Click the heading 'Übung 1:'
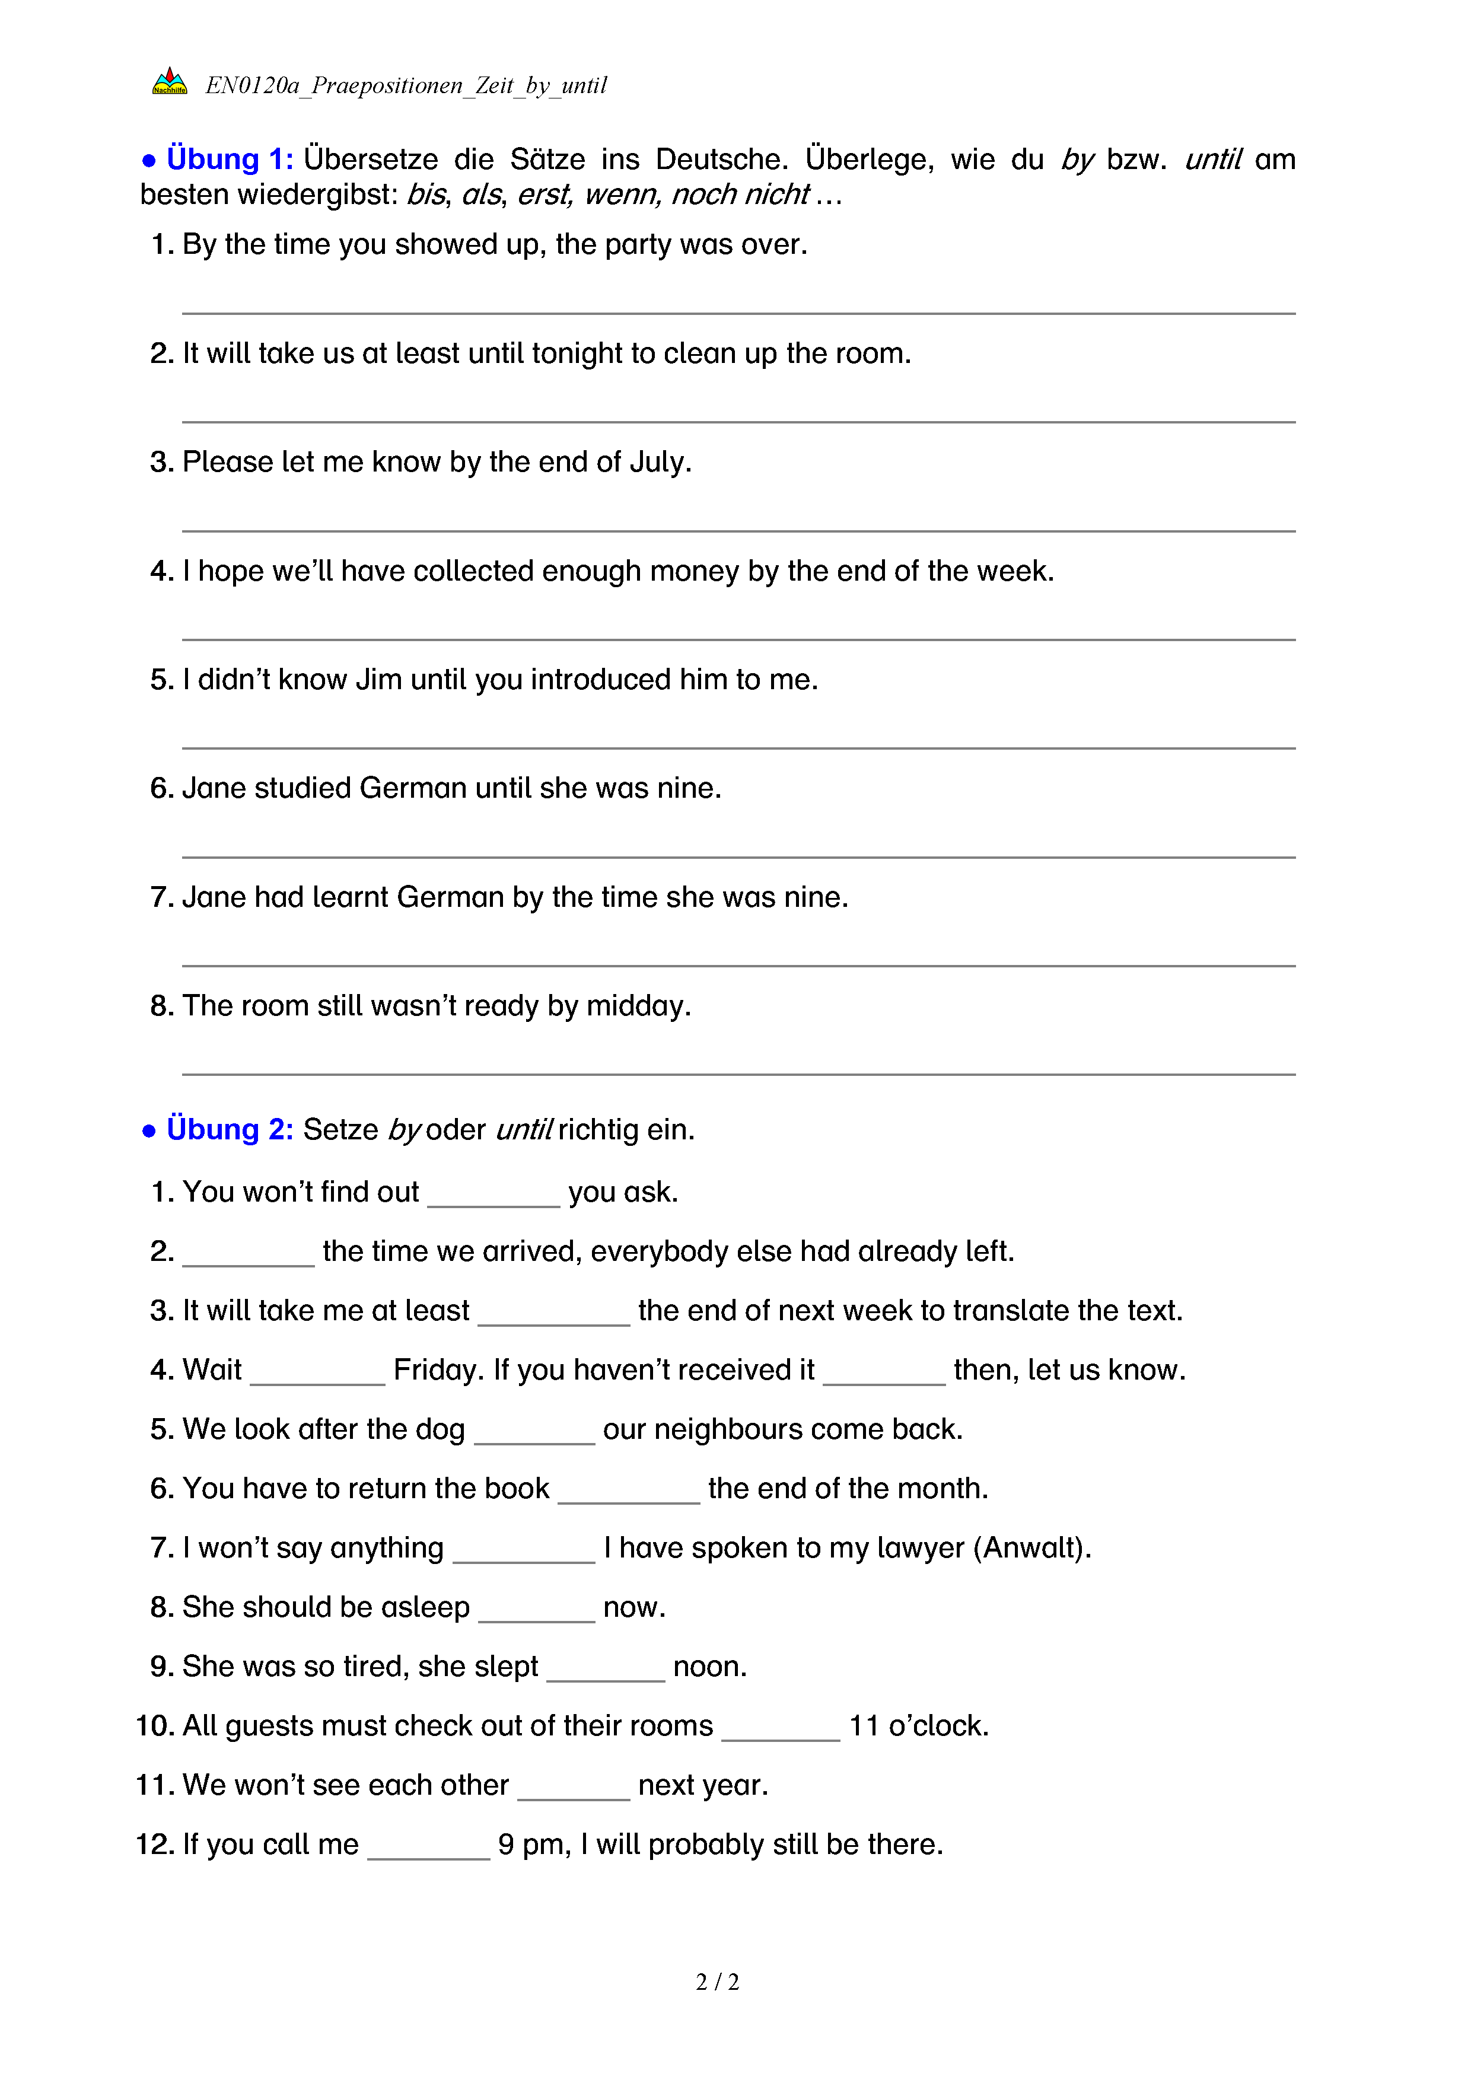pyautogui.click(x=229, y=160)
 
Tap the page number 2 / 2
pyautogui.click(x=717, y=1982)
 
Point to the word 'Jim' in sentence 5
pyautogui.click(x=378, y=680)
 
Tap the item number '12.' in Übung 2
pyautogui.click(x=155, y=1845)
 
